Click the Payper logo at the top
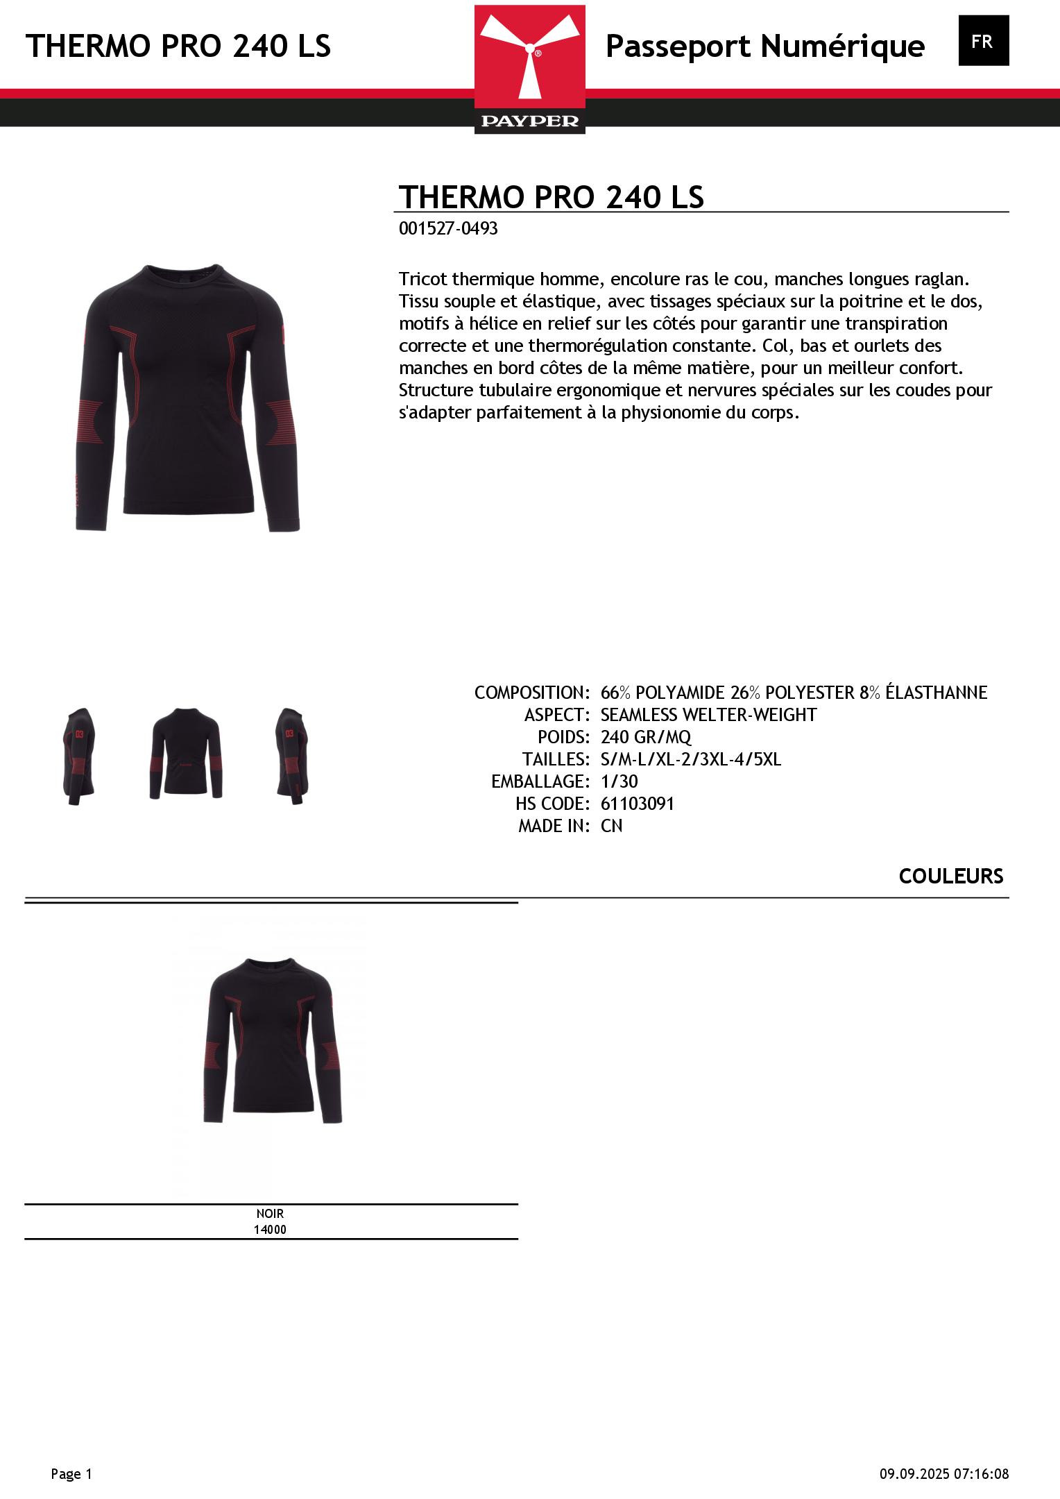(530, 69)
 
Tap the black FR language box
(983, 41)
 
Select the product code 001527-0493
(448, 229)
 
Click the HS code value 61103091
(637, 804)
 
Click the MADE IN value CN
(611, 826)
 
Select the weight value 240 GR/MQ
(646, 737)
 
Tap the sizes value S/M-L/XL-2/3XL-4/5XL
(690, 759)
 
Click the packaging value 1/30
(619, 781)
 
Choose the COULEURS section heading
(950, 876)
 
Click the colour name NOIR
(270, 1214)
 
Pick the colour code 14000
(270, 1230)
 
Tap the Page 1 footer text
(71, 1474)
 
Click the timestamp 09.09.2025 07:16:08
(944, 1474)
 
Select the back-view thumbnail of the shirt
(185, 754)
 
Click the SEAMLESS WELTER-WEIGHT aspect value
(708, 715)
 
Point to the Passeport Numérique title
(764, 46)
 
